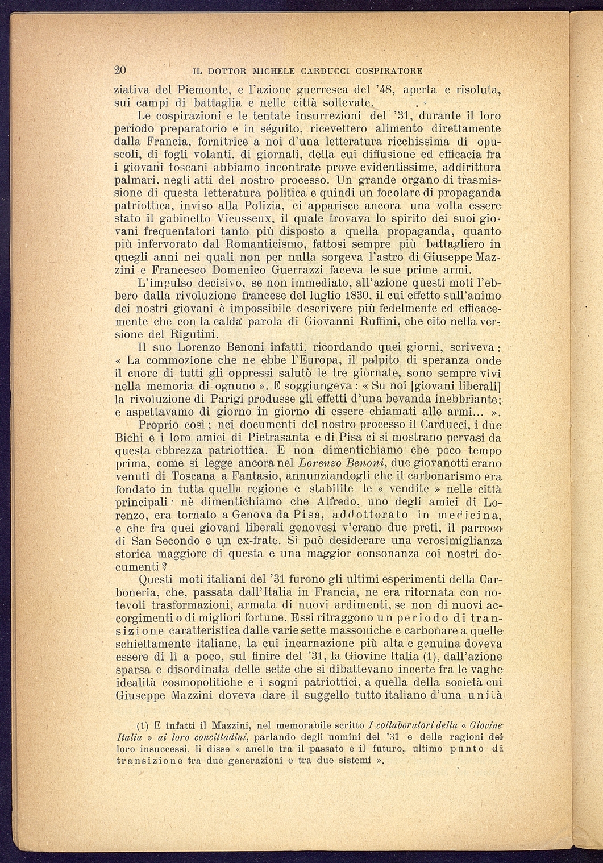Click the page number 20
pos(120,70)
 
